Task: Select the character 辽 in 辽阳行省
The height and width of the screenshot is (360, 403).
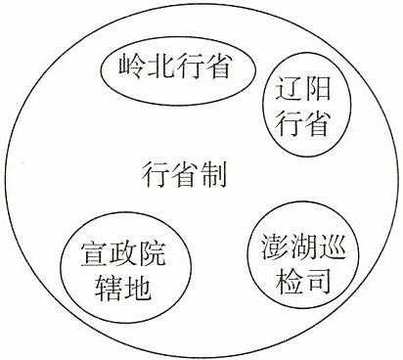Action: (x=289, y=88)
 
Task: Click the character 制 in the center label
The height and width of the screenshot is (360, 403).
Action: (x=213, y=174)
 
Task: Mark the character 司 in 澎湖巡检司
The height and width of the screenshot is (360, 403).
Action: (x=318, y=280)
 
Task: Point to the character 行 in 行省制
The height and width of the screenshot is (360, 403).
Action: (x=156, y=174)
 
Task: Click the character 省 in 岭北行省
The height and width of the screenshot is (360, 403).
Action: (x=217, y=67)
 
